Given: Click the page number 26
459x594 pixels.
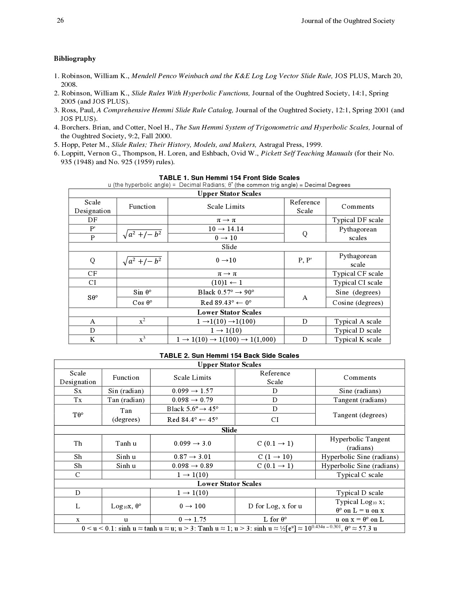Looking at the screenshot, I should [60, 21].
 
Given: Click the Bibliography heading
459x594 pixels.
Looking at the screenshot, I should [75, 59].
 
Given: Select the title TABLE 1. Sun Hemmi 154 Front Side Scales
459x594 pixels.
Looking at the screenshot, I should [229, 178].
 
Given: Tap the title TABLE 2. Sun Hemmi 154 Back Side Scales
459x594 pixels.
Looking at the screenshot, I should [229, 356].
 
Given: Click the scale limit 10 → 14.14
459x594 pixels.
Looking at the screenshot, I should [226, 229].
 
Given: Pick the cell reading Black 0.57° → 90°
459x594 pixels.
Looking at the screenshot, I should [226, 292].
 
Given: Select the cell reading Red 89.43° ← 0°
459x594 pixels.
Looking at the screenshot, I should [226, 303].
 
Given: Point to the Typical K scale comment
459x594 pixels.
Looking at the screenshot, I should [357, 339].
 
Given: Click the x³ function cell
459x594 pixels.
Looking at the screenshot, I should [142, 339].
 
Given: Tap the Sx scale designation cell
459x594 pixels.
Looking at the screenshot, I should [78, 391].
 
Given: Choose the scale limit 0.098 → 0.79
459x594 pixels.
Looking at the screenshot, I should [192, 400].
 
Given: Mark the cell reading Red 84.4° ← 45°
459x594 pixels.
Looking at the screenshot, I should [192, 420].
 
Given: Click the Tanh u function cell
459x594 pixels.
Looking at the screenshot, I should [126, 444].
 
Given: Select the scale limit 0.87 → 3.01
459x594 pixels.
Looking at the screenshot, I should [192, 457].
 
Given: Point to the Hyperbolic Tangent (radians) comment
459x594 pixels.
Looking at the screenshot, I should [360, 444].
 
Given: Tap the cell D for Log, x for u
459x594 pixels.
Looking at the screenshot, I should [275, 506].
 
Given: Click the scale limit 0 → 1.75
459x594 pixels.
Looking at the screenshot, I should [192, 519].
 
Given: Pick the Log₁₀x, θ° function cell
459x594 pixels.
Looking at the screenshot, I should [126, 506].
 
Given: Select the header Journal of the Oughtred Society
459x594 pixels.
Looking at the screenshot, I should [348, 21].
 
